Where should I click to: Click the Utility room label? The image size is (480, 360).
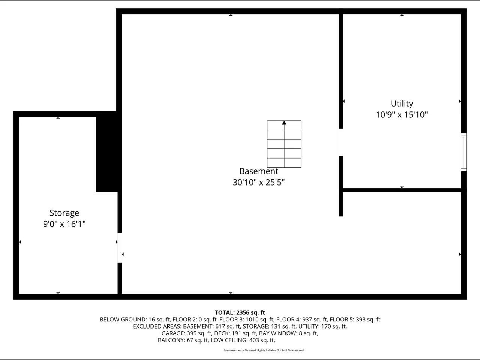coord(402,103)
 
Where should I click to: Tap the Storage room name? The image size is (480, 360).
coord(64,213)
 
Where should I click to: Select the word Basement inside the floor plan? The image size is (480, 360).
coord(259,171)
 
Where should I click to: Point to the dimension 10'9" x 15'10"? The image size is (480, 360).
coord(402,115)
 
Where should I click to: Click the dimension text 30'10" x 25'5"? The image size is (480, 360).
coord(259,182)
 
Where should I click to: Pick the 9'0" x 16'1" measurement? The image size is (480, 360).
coord(64,224)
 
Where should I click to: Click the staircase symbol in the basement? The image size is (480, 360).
coord(284,144)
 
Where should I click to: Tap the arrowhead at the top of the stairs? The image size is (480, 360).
coord(284,123)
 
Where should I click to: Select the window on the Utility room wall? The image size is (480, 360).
coord(463,152)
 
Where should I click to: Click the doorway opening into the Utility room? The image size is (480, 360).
coord(341,142)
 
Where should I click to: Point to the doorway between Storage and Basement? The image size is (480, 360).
coord(120,247)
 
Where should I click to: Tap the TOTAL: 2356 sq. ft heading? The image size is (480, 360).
coord(240,312)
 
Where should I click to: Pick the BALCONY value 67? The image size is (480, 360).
coord(190,340)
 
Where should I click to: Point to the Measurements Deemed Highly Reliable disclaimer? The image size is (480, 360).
coord(264,350)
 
